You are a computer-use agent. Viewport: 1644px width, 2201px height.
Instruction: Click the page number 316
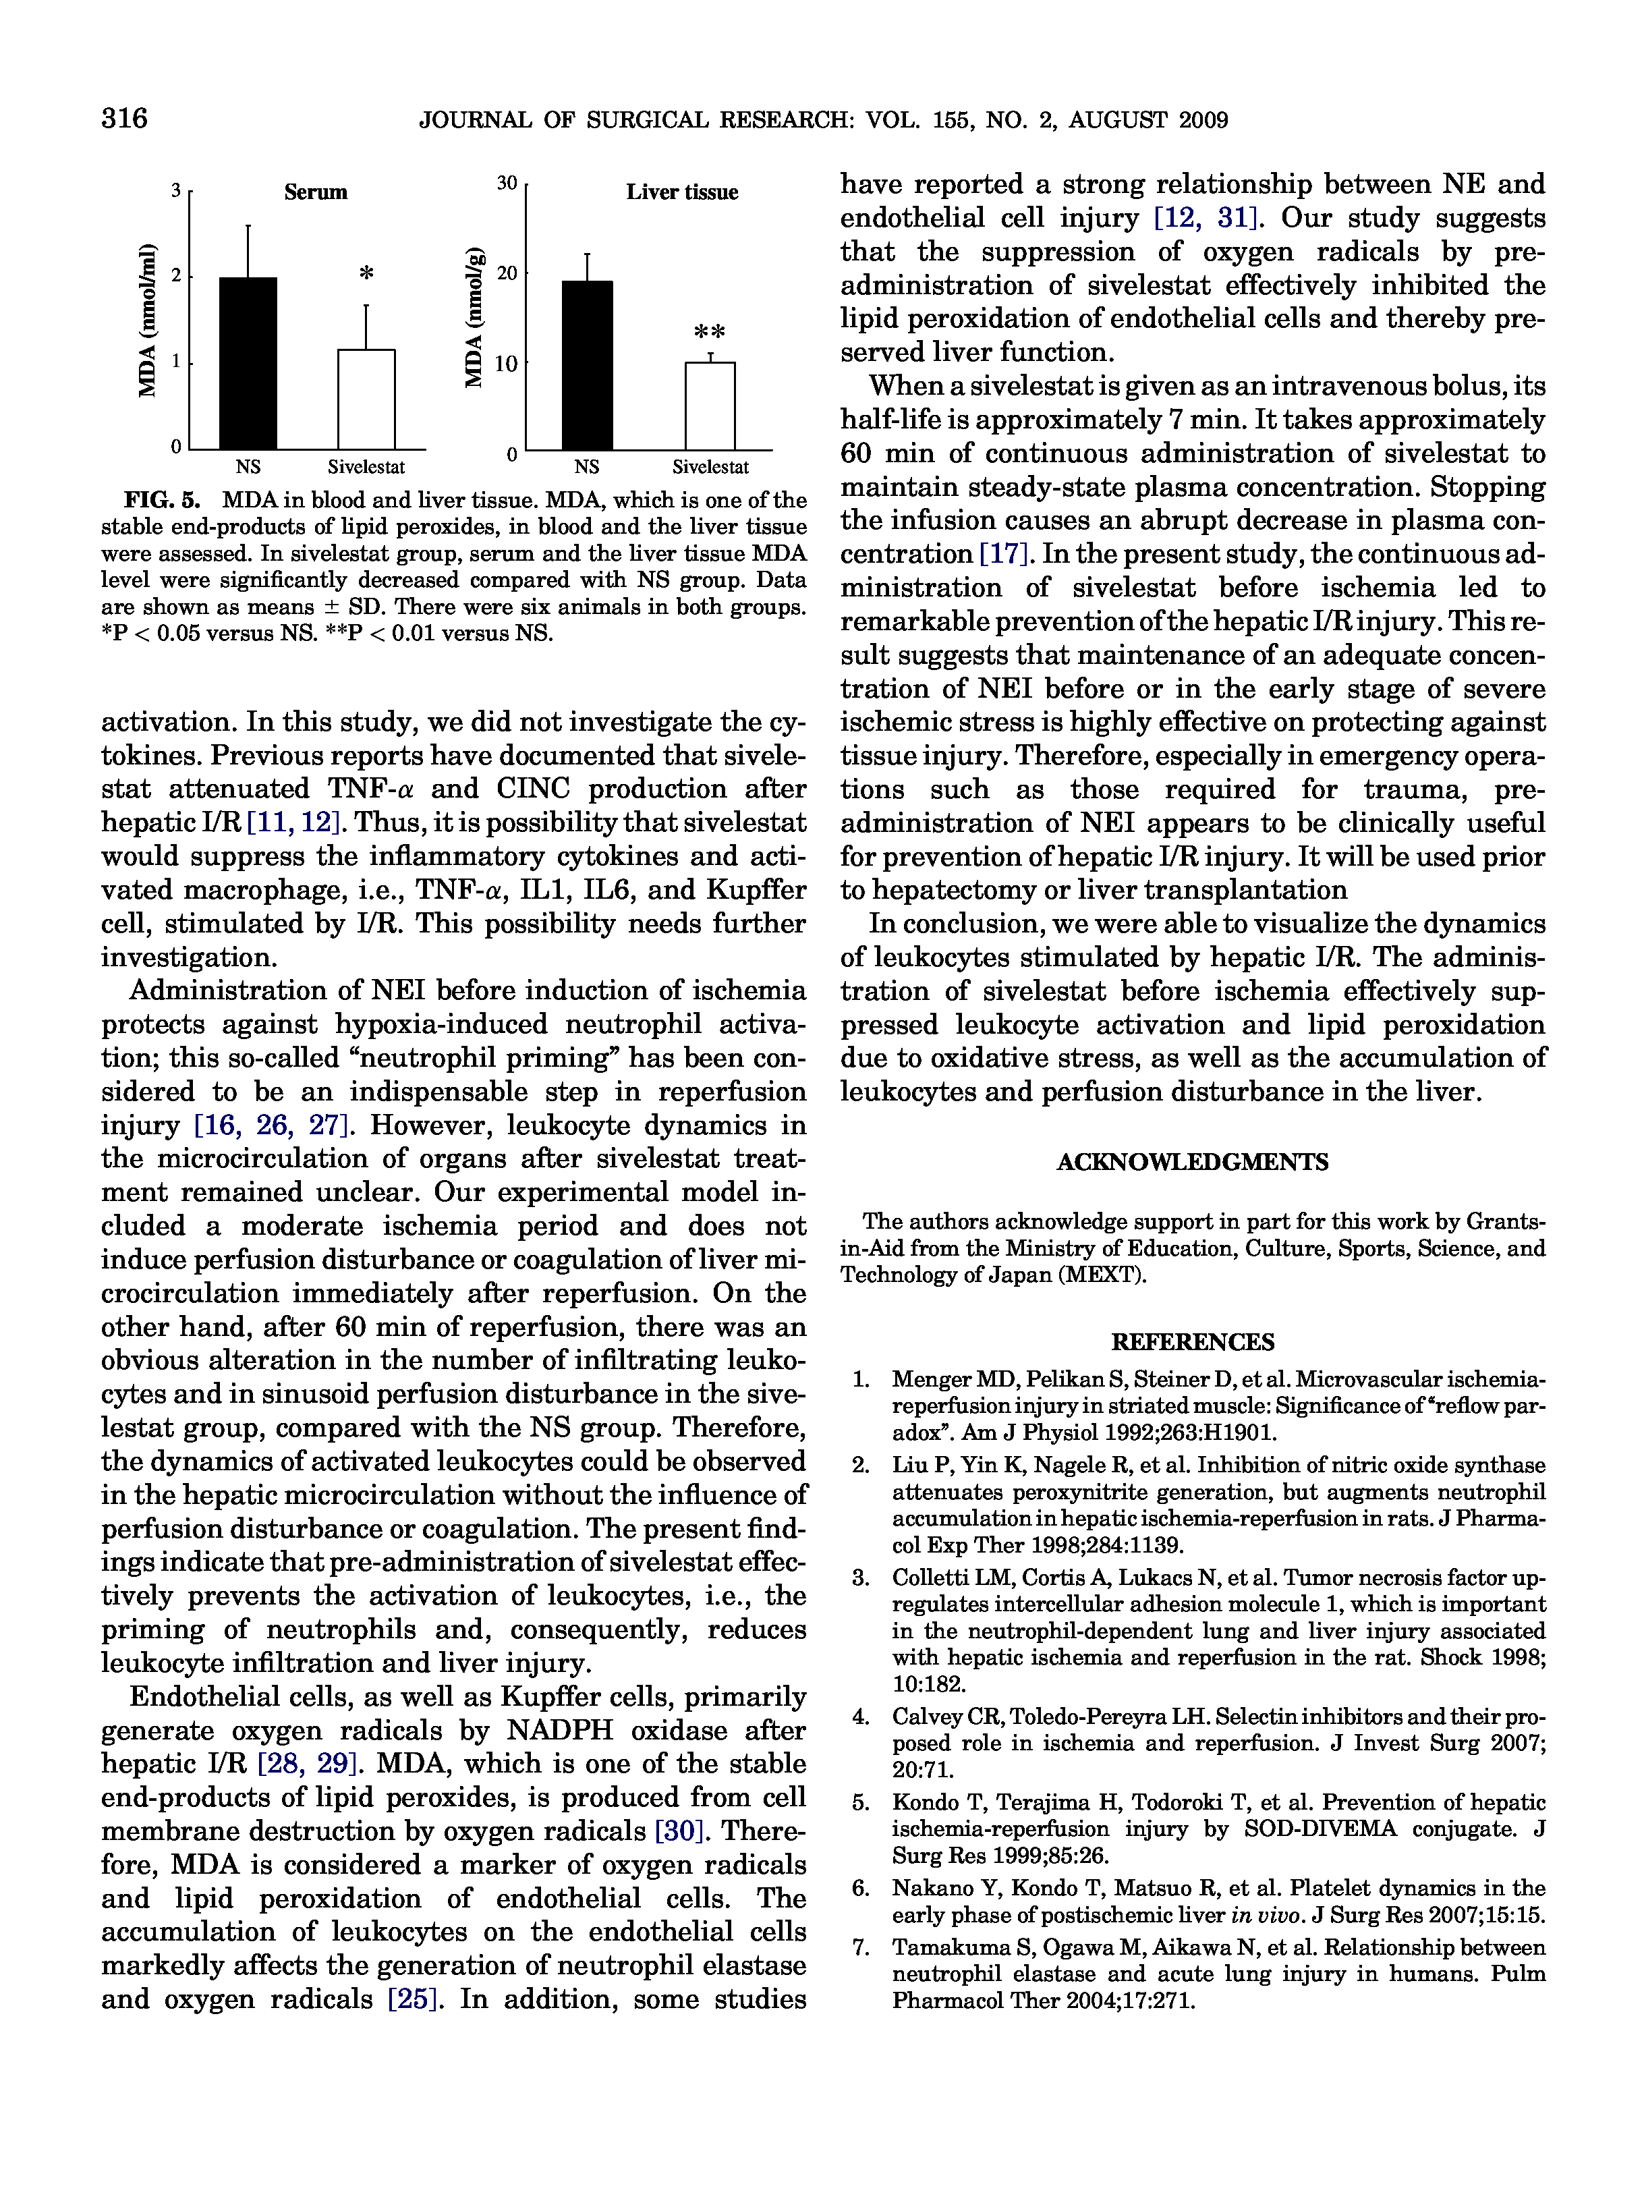pyautogui.click(x=124, y=119)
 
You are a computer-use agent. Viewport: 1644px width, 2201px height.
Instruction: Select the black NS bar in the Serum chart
pyautogui.click(x=248, y=363)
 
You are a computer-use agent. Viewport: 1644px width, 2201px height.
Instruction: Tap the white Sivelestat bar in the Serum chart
pyautogui.click(x=366, y=399)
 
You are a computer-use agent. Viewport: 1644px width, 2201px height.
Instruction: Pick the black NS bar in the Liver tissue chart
pyautogui.click(x=587, y=365)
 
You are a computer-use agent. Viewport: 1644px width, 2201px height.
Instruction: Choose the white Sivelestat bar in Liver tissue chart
pyautogui.click(x=710, y=406)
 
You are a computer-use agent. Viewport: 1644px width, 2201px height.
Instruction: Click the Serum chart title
pyautogui.click(x=315, y=192)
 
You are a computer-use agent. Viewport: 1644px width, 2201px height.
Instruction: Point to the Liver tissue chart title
pyautogui.click(x=681, y=192)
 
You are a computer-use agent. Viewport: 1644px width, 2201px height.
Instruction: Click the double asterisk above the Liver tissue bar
pyautogui.click(x=709, y=331)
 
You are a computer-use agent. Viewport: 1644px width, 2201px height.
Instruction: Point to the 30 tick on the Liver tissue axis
pyautogui.click(x=507, y=183)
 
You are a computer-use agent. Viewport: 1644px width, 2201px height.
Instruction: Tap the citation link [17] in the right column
pyautogui.click(x=1004, y=553)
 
